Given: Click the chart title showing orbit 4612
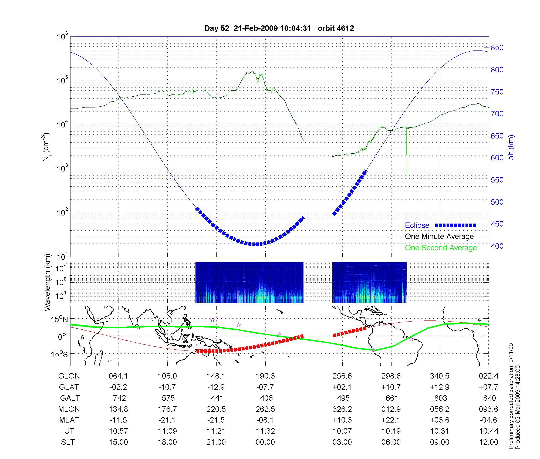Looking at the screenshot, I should coord(279,28).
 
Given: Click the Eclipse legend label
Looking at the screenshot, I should coord(417,225).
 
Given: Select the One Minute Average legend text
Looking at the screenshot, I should coord(439,237).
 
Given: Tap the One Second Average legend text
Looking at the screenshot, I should coord(441,248).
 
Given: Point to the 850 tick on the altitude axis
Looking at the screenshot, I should coord(497,48).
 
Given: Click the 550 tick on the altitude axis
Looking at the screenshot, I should coord(497,180).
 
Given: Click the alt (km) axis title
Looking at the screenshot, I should coord(511,147).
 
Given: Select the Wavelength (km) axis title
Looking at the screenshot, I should coord(48,282).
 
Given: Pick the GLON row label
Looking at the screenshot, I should coord(69,376).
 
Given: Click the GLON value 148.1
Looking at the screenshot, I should coord(216,376).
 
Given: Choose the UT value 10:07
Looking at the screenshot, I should coord(342,431).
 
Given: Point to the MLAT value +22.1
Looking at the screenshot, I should coord(391,420).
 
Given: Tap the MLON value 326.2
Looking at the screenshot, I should coord(342,409).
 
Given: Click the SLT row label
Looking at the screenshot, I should coord(68,442).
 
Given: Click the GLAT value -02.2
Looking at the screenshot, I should coord(118,387).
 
